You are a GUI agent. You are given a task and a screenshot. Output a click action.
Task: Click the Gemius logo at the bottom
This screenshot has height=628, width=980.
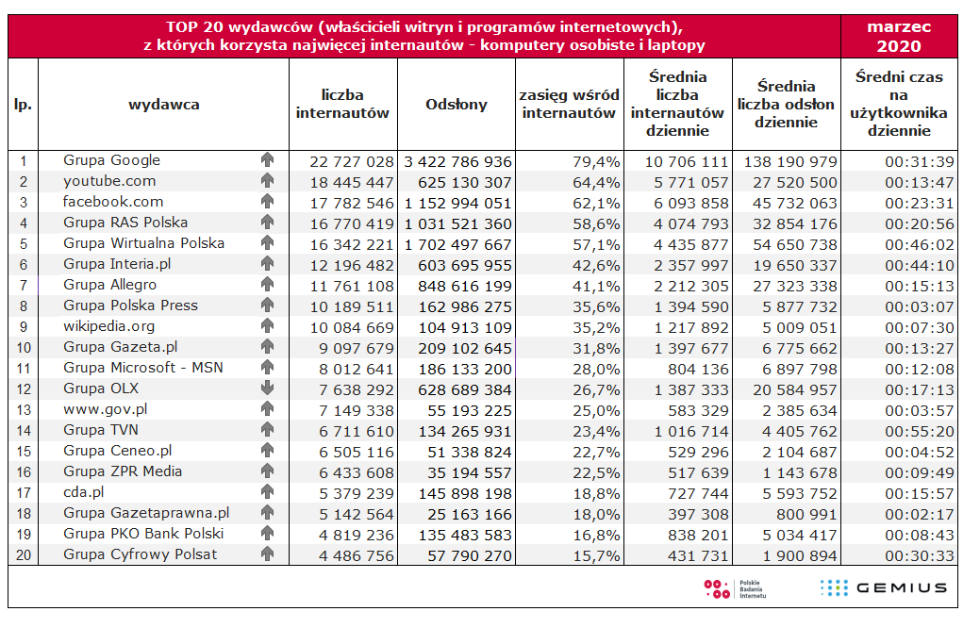(883, 588)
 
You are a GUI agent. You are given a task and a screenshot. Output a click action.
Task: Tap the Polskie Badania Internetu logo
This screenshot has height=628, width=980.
(735, 588)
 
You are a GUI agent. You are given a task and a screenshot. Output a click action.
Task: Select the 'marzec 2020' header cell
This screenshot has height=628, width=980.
(898, 37)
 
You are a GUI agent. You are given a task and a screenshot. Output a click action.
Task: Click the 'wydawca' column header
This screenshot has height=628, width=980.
(164, 105)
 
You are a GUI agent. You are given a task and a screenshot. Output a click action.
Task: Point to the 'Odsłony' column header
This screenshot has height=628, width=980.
(457, 105)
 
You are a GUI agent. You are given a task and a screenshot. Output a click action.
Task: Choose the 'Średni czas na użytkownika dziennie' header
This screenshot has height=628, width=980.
(898, 104)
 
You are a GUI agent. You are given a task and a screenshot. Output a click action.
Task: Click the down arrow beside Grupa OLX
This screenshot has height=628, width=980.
(267, 388)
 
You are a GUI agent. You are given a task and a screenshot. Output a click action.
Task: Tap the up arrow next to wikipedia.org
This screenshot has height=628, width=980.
(267, 326)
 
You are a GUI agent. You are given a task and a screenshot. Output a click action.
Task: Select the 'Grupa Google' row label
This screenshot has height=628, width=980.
(111, 160)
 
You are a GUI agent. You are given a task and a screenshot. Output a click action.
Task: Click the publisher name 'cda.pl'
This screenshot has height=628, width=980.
(83, 492)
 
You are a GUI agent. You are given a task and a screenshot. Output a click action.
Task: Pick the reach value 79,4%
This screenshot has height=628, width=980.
(597, 161)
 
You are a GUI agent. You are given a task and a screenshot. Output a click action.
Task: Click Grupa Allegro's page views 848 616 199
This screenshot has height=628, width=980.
(457, 286)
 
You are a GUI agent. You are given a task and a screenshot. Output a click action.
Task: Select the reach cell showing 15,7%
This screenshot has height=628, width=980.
(597, 555)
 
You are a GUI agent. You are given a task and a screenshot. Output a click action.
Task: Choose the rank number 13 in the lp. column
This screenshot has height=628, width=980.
(24, 409)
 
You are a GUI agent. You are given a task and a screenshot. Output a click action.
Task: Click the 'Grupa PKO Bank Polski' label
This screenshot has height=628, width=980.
(143, 534)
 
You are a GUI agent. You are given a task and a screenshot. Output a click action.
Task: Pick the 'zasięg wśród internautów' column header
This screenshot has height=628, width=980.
(571, 105)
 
